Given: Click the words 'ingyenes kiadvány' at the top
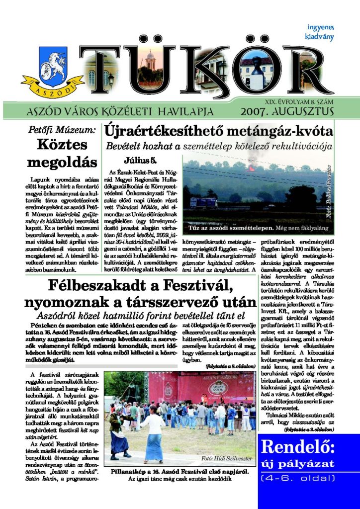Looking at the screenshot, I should pos(320,32).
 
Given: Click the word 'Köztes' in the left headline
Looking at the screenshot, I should pos(62,145).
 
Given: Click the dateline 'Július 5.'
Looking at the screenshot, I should pos(140,161).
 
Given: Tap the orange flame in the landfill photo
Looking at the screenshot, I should pos(251,168).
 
